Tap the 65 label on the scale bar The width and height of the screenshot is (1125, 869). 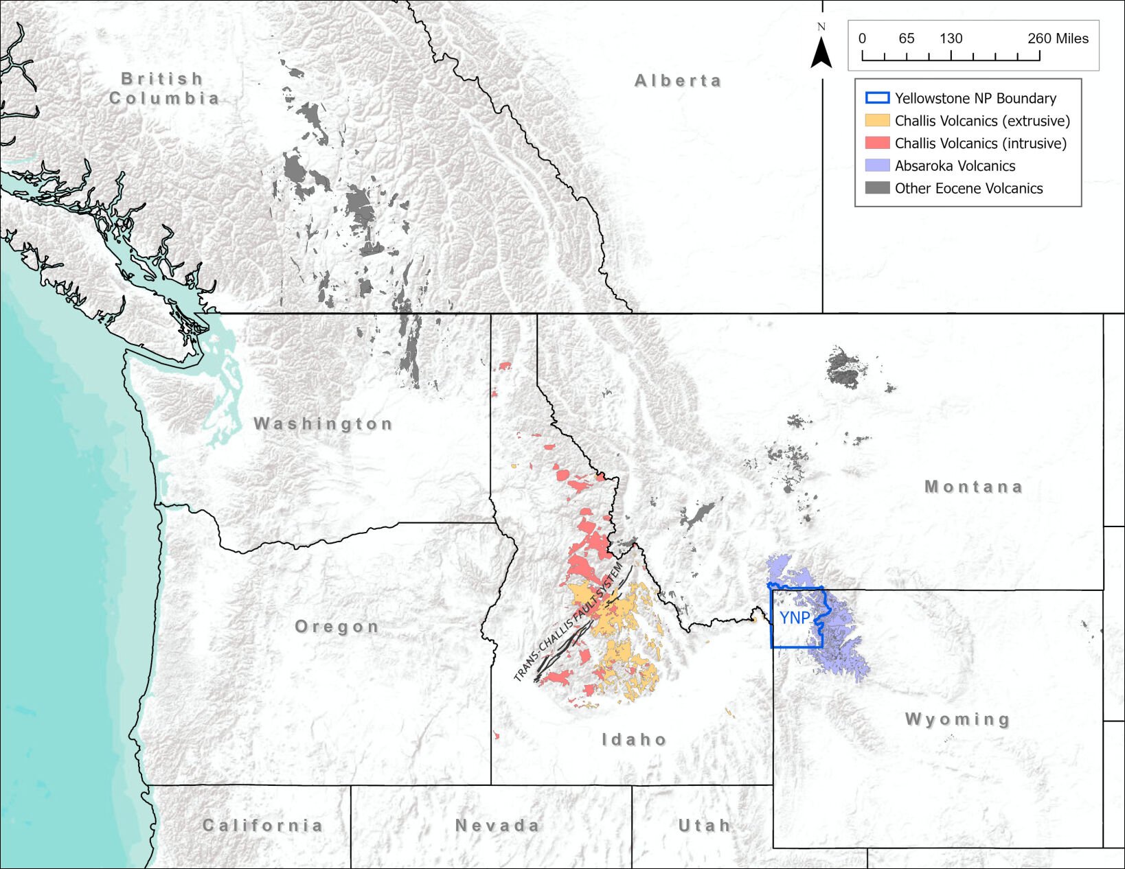pos(907,38)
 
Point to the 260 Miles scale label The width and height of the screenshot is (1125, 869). pos(1058,38)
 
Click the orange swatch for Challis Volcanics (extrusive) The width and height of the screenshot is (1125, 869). pos(877,121)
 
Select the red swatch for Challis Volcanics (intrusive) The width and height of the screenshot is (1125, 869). pos(877,143)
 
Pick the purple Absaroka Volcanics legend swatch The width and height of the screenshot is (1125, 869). pos(877,166)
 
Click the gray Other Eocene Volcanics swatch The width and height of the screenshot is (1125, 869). pos(877,188)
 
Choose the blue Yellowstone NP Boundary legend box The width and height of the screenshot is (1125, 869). pos(877,98)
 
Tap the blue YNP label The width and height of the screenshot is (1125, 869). pos(795,618)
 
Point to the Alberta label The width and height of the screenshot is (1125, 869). pos(678,81)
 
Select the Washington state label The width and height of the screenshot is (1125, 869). pos(323,424)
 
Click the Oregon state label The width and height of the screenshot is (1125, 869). pos(337,627)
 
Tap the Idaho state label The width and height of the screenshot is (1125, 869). pos(634,739)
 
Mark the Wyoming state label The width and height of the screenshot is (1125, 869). pos(957,719)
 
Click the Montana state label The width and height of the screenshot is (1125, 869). pos(974,487)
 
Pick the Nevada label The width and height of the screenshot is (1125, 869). pos(497,825)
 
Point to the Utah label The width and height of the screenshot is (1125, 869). pos(704,825)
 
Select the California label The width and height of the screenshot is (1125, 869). pos(262,825)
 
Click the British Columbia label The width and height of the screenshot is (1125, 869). pos(164,89)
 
